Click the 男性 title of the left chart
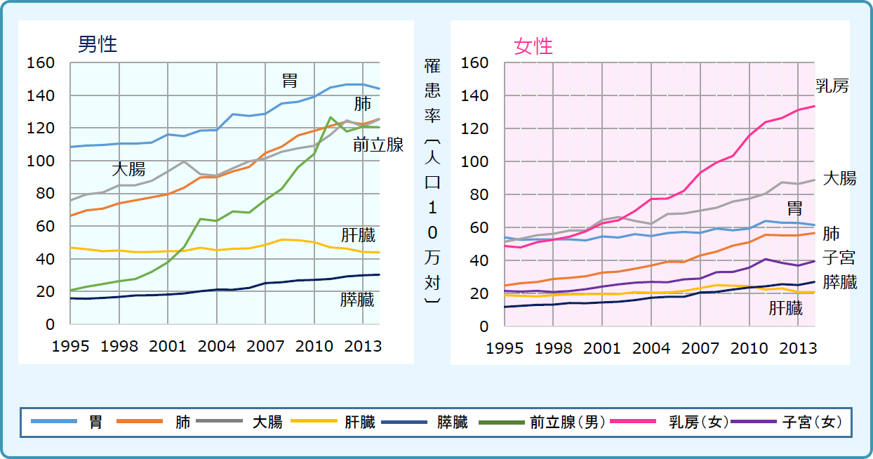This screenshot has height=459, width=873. pos(97,44)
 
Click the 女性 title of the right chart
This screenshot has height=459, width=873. pos(533,46)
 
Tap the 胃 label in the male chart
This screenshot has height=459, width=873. pos(290,80)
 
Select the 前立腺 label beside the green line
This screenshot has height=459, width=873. pos(378,145)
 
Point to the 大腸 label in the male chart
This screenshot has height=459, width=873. pos(128,169)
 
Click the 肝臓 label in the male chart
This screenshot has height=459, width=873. pos(358,235)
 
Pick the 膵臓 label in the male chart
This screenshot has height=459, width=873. pos(357,300)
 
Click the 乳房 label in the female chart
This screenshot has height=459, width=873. pos(832,86)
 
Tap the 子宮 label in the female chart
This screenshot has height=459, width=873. pos(839,258)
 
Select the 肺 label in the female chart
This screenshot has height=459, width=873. pos(831,233)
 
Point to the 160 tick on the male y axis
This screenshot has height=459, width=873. pos(41,63)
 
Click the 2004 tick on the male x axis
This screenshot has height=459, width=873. pos(216,346)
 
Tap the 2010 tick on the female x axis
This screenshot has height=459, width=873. pos(749,348)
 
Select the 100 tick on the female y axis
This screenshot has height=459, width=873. pos(475,161)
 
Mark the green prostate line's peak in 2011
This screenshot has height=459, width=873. pos(330,117)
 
